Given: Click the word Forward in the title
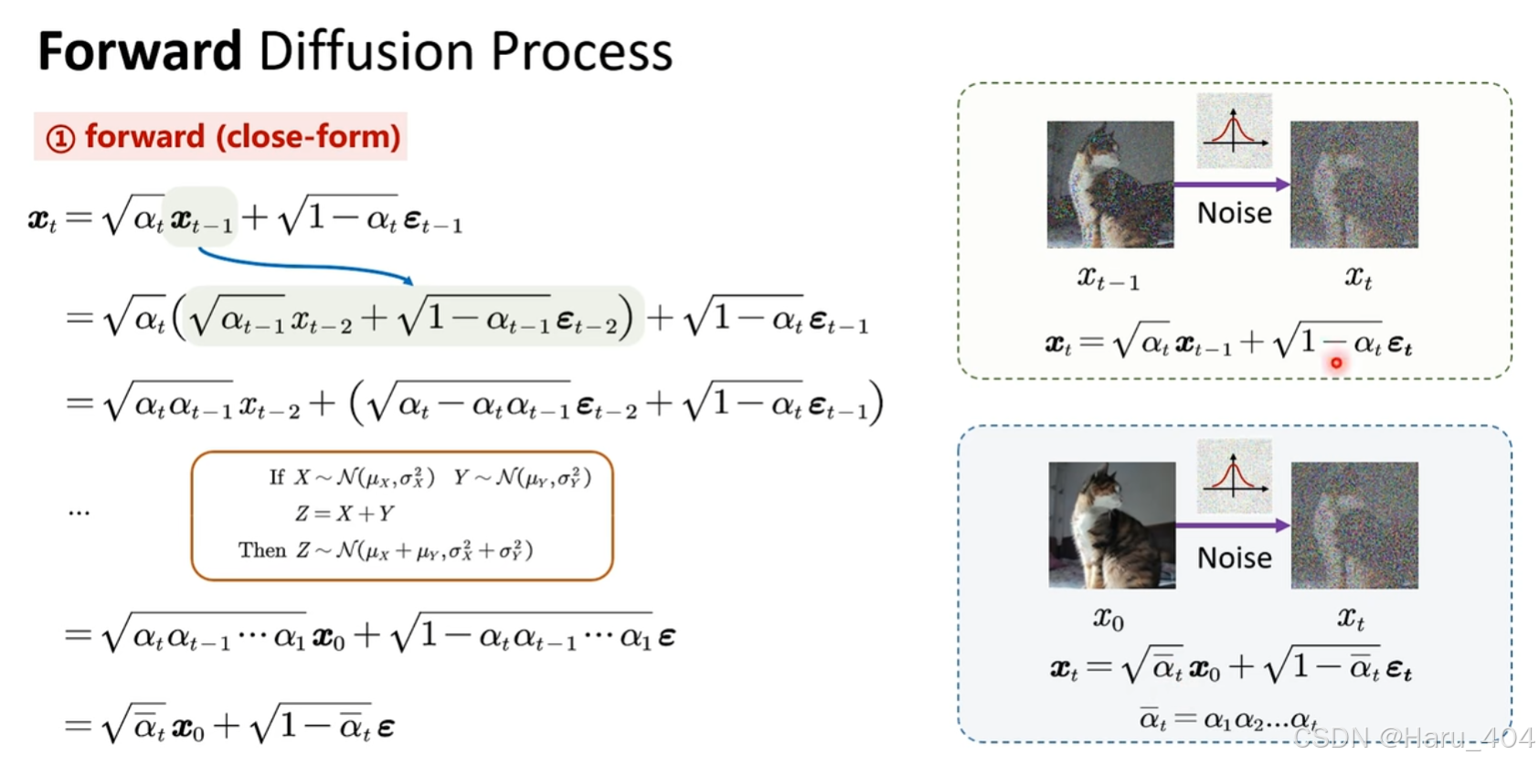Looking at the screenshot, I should coord(139,51).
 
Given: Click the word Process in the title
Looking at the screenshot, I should coord(582,51).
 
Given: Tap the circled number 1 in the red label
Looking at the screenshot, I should coord(60,139).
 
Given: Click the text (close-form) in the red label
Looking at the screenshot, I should coord(308,137).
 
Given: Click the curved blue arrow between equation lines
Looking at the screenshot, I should coord(306,266).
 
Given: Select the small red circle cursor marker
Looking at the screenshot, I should coord(1336,363).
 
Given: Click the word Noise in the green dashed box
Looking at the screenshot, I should coord(1234,214).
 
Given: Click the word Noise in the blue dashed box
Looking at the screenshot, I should coord(1234,558).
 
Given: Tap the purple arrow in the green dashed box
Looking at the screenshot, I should coord(1230,185).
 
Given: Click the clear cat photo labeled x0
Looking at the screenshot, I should coord(1111,525).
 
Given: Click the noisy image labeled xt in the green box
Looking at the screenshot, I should coord(1353,185).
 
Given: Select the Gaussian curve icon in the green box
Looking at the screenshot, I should coord(1234,131).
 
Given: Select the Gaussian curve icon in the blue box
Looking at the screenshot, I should coord(1234,476).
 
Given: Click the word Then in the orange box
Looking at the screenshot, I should coord(262,550).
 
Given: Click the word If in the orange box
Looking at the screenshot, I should coord(277,477).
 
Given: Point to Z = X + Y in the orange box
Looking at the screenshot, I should coord(345,514).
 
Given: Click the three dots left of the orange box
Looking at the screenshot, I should coord(79,513).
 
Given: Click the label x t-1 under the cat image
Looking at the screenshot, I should coord(1108,278).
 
